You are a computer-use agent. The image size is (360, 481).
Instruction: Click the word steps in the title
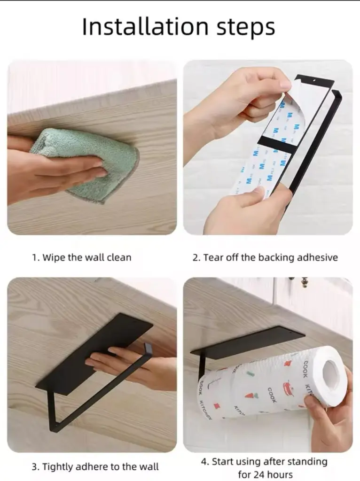(246, 28)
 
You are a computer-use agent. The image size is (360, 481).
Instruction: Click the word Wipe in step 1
(54, 257)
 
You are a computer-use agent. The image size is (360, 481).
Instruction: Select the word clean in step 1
(119, 257)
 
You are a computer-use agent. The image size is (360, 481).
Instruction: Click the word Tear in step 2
(214, 257)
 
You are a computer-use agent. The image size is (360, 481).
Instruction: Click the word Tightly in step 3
(57, 467)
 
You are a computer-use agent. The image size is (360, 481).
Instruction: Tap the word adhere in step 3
(92, 467)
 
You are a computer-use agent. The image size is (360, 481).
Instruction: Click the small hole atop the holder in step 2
(314, 81)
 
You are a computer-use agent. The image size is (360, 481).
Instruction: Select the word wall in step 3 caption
(149, 467)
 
